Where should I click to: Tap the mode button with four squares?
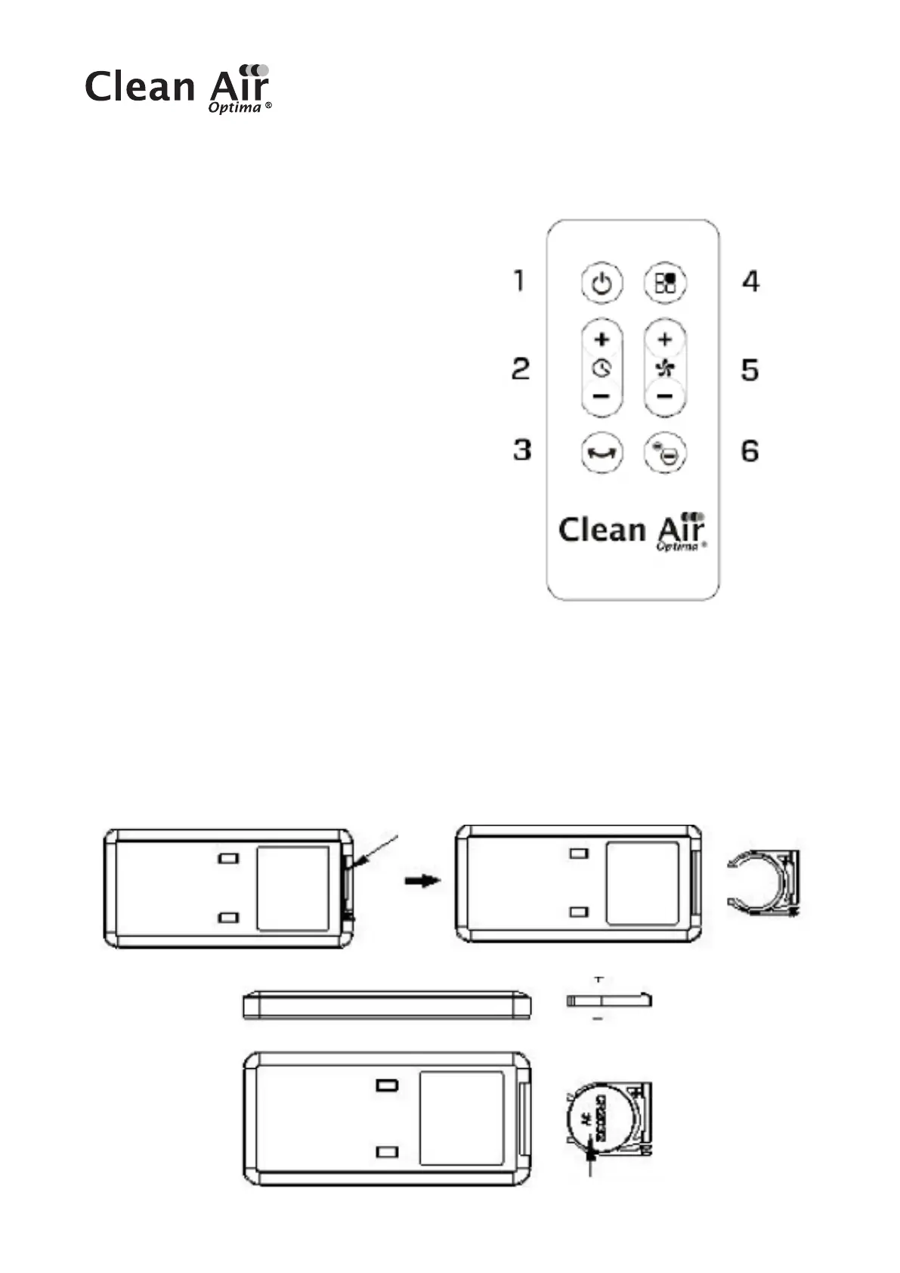click(665, 283)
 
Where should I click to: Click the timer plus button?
click(602, 339)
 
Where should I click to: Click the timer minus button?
click(602, 395)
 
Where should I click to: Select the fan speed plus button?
click(665, 339)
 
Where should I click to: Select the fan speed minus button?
click(665, 395)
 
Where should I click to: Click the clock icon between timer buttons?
click(602, 368)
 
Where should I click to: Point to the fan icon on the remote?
click(665, 368)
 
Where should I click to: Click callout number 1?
click(518, 281)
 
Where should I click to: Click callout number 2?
click(521, 369)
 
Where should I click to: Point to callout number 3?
click(522, 450)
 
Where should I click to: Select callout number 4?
click(750, 282)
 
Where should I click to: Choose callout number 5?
click(750, 370)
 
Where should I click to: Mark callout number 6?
click(750, 451)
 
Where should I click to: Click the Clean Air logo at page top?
click(178, 88)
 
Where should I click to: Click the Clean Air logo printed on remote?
click(632, 531)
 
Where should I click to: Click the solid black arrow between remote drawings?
click(422, 881)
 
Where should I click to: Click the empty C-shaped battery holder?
click(762, 882)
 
